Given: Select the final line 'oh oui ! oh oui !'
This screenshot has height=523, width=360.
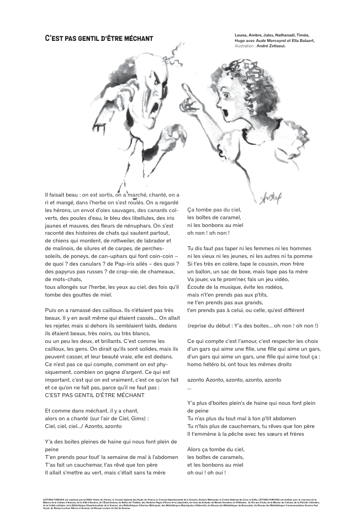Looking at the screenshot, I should [207, 472].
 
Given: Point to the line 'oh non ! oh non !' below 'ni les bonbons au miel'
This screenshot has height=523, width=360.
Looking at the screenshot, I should [207, 233].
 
